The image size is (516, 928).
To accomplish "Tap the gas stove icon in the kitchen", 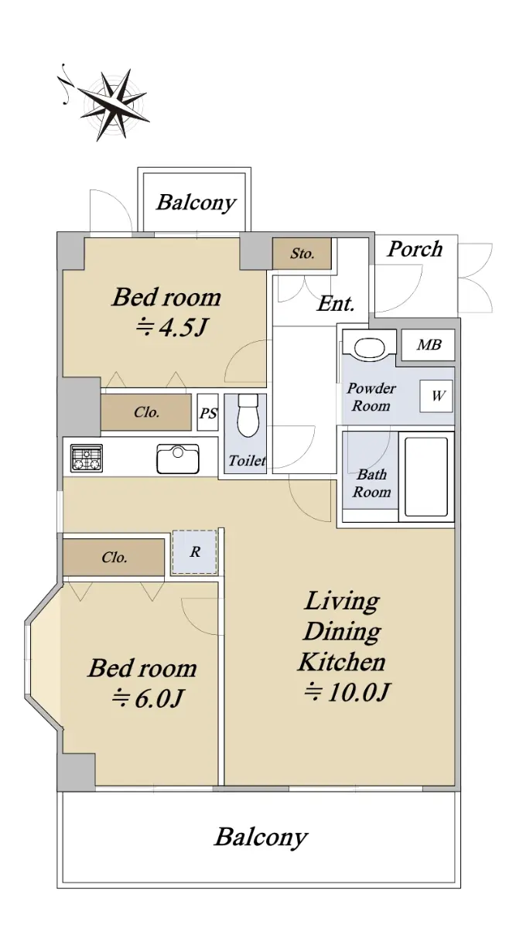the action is click(86, 458).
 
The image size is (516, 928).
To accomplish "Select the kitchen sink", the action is click(178, 459).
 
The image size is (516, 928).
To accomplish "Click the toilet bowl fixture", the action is click(248, 416).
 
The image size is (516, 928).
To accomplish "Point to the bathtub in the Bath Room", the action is click(426, 476).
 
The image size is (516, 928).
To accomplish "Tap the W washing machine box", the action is click(436, 396).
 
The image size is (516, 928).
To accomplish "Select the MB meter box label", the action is click(429, 345).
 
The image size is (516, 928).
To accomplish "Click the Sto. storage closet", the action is click(302, 253).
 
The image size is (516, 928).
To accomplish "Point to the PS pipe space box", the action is click(207, 413).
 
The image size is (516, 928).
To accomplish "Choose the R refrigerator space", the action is click(195, 552).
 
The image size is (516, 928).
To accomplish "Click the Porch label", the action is click(415, 249).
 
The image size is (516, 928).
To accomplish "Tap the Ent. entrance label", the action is click(336, 304).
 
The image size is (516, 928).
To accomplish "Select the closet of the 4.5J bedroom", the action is click(146, 412).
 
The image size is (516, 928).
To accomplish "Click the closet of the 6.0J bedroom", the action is click(114, 557).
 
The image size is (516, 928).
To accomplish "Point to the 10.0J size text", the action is click(347, 692).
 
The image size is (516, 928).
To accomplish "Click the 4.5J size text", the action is click(171, 327).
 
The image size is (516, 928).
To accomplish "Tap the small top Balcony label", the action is click(196, 203).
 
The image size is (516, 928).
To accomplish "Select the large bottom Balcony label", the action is click(261, 837).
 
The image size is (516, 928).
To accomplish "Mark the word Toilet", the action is click(248, 460).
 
